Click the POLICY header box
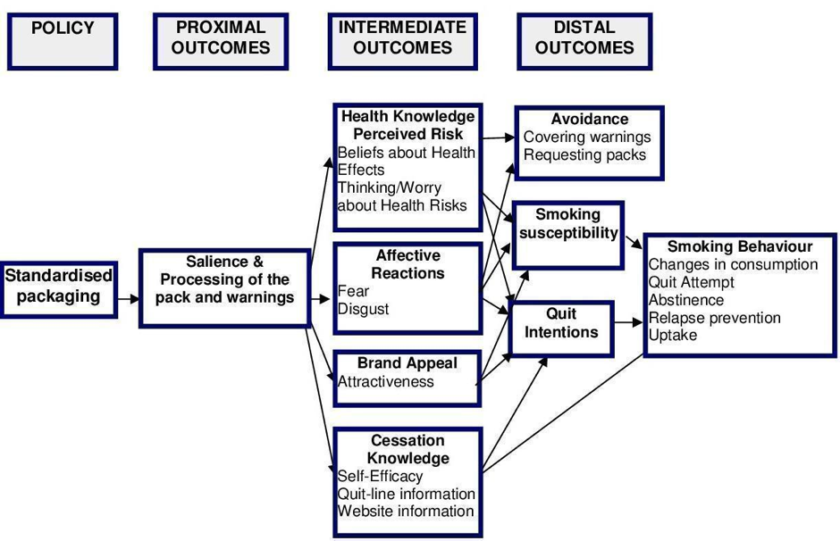tap(63, 42)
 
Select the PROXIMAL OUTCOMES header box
tap(221, 42)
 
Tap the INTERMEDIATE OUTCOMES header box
tap(402, 42)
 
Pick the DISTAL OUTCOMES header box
tap(584, 42)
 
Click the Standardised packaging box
tap(58, 290)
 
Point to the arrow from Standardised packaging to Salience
tap(129, 298)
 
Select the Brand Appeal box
tap(407, 379)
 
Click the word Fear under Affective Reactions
tap(353, 291)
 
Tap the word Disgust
tap(363, 309)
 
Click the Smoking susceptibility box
tap(567, 236)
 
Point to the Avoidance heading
tap(589, 119)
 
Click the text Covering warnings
tap(587, 137)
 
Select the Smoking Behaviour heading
tap(740, 246)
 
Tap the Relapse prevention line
tap(715, 318)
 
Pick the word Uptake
tap(673, 336)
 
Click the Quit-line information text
tap(406, 494)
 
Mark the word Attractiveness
tap(386, 381)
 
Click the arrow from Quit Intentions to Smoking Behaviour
tap(628, 322)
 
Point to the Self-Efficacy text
tap(380, 476)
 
